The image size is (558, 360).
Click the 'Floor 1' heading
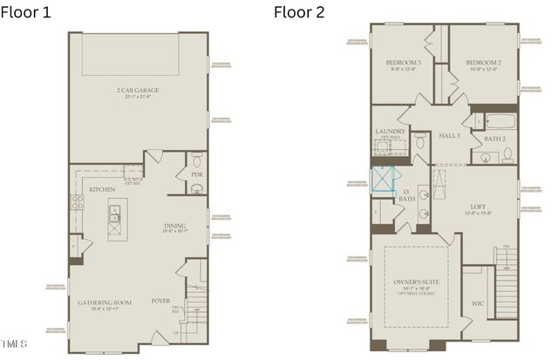click(28, 11)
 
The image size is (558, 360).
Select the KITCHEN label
click(102, 188)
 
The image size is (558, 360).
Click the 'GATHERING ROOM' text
click(104, 302)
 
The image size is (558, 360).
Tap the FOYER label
click(160, 302)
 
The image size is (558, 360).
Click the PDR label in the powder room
click(196, 174)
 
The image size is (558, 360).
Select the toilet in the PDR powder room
click(197, 160)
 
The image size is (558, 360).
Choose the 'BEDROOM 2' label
click(481, 63)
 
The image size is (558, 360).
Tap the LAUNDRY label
click(390, 132)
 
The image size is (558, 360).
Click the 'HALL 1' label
click(449, 136)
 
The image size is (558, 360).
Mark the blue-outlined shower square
click(383, 178)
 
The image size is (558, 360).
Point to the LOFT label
click(477, 207)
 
